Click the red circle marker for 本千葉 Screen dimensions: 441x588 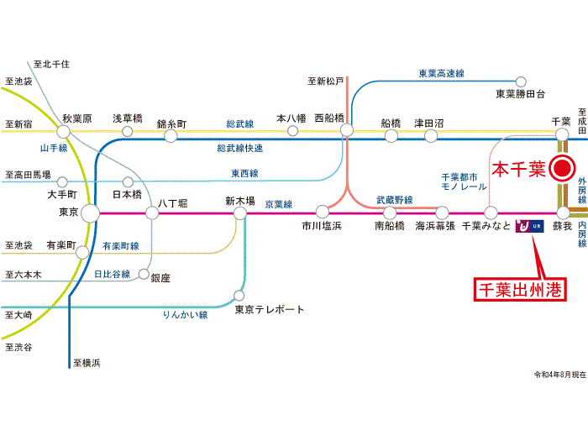tap(561, 169)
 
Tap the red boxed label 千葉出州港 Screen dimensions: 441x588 tap(518, 290)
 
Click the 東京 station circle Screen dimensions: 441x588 tap(90, 213)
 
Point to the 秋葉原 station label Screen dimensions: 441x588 tap(76, 118)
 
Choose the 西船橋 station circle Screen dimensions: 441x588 tap(347, 131)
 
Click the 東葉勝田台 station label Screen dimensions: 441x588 tap(520, 93)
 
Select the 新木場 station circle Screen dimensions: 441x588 tap(240, 213)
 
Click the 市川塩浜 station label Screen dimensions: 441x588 tap(322, 227)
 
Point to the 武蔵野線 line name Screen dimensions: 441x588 tap(394, 199)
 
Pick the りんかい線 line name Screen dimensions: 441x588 tap(185, 315)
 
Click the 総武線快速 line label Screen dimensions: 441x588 tap(239, 149)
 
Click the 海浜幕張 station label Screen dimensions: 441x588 tap(435, 227)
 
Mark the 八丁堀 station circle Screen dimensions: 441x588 tap(152, 213)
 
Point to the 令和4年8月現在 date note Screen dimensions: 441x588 tap(559, 374)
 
